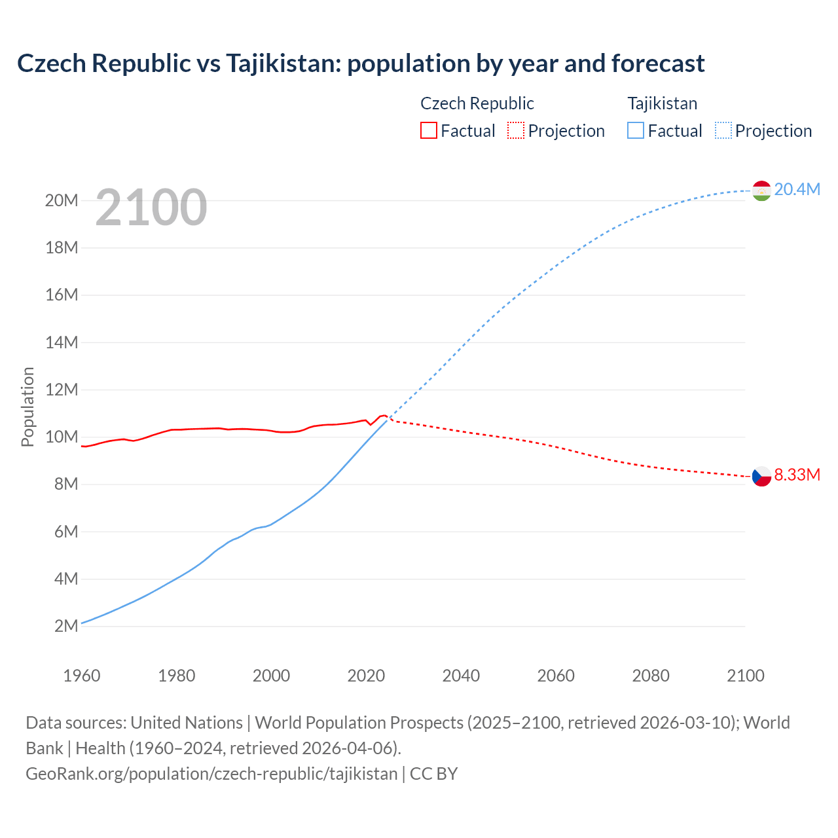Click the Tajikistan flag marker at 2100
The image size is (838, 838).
point(761,191)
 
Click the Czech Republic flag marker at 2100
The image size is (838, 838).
point(761,476)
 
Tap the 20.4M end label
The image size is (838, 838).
point(797,189)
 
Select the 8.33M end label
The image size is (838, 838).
point(797,475)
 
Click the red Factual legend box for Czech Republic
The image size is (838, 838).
point(428,130)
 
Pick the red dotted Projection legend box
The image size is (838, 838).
point(516,130)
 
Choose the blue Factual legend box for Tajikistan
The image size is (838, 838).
point(636,130)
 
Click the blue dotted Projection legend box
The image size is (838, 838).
point(723,130)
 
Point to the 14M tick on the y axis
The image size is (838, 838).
point(62,342)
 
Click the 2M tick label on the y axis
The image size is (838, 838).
point(66,626)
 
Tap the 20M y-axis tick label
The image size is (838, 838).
point(62,200)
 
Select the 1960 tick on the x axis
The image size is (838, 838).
point(82,676)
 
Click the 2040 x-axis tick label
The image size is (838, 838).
point(461,676)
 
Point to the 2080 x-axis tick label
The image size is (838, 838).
point(651,676)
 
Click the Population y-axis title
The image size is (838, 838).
point(27,407)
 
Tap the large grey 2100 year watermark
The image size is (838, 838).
point(151,208)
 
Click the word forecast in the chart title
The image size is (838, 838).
point(658,64)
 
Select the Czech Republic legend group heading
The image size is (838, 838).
point(477,103)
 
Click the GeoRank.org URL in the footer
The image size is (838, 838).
point(211,773)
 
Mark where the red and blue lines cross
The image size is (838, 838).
point(389,418)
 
